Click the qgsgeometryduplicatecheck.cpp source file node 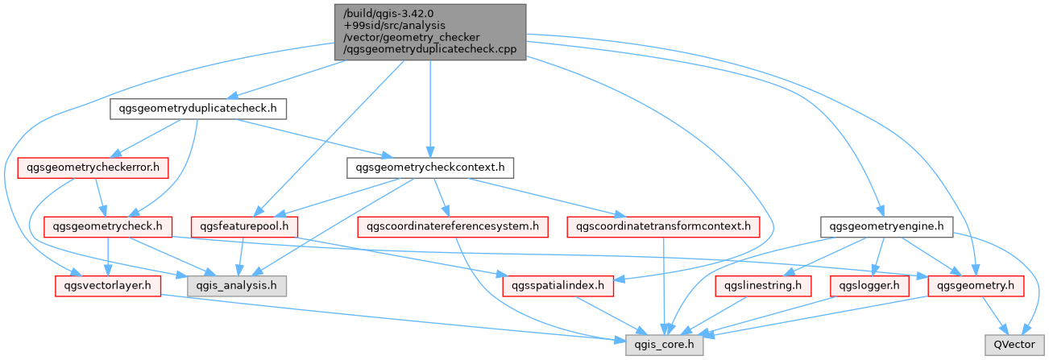pyautogui.click(x=430, y=31)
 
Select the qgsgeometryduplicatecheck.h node pyautogui.click(x=198, y=109)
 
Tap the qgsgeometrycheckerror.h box pyautogui.click(x=93, y=168)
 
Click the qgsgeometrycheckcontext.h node pyautogui.click(x=430, y=168)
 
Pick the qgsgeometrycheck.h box pyautogui.click(x=109, y=226)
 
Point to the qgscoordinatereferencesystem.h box pyautogui.click(x=453, y=226)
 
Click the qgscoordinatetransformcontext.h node pyautogui.click(x=663, y=226)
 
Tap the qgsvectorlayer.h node pyautogui.click(x=107, y=285)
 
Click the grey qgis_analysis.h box pyautogui.click(x=236, y=285)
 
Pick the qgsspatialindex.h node pyautogui.click(x=558, y=285)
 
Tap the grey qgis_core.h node pyautogui.click(x=665, y=344)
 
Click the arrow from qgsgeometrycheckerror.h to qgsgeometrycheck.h pyautogui.click(x=100, y=197)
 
